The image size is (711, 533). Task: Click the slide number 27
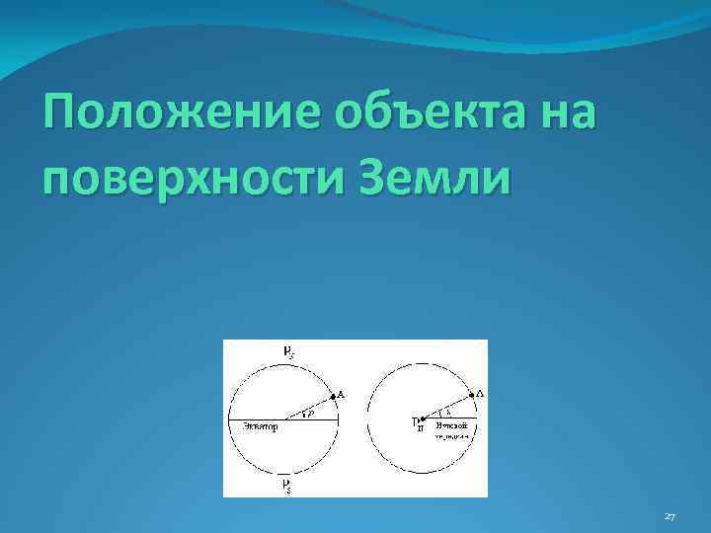(671, 514)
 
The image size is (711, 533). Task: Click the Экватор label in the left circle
(259, 427)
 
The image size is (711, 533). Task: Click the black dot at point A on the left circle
(333, 396)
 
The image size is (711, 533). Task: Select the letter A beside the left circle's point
(342, 395)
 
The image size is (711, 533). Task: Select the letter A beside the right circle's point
(480, 394)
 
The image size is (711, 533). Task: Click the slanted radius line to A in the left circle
(308, 408)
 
